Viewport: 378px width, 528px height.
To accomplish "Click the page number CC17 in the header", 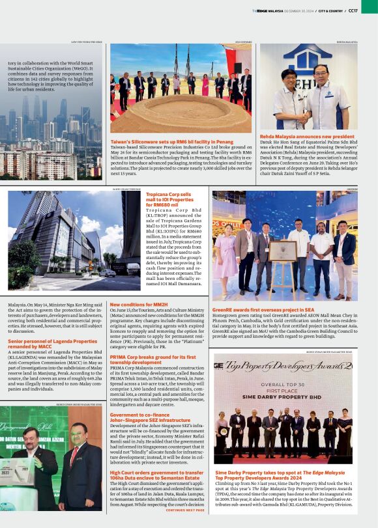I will point(353,10).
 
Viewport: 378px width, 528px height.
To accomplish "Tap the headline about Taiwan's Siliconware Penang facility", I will point(171,141).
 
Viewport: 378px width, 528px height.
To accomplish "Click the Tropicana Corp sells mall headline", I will point(169,200).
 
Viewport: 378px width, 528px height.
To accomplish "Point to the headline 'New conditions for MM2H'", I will point(139,304).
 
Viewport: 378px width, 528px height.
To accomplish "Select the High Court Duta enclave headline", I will point(156,476).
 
